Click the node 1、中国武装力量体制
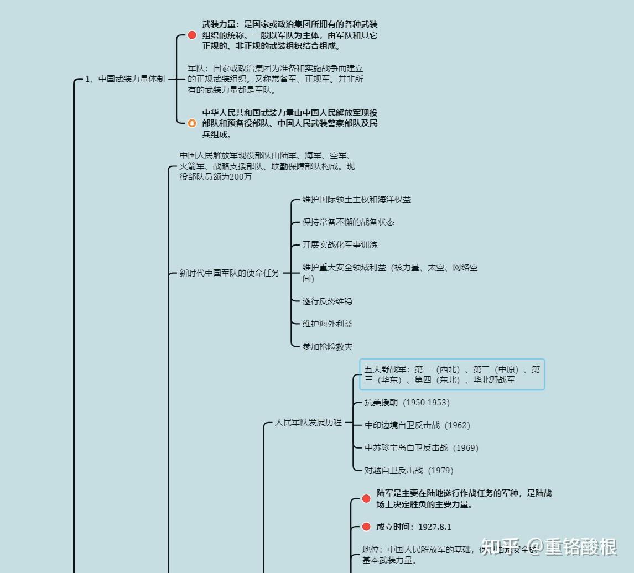tap(124, 79)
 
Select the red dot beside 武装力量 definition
tap(192, 35)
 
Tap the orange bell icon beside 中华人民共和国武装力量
tap(192, 123)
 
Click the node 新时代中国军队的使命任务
tap(229, 273)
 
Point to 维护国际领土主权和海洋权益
tap(356, 200)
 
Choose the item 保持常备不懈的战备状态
tap(348, 222)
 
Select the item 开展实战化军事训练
tap(340, 245)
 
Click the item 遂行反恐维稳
tap(327, 301)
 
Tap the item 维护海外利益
tap(327, 324)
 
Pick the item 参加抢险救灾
tap(327, 347)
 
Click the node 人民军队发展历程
tap(308, 423)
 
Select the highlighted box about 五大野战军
tap(452, 374)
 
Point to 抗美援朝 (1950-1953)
tap(407, 403)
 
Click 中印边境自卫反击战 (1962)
tap(417, 425)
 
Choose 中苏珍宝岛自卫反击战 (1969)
tap(421, 448)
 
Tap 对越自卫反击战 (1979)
tap(408, 471)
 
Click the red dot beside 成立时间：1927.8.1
tap(366, 527)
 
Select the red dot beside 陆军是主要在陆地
tap(366, 498)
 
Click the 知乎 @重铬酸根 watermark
tap(549, 547)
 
